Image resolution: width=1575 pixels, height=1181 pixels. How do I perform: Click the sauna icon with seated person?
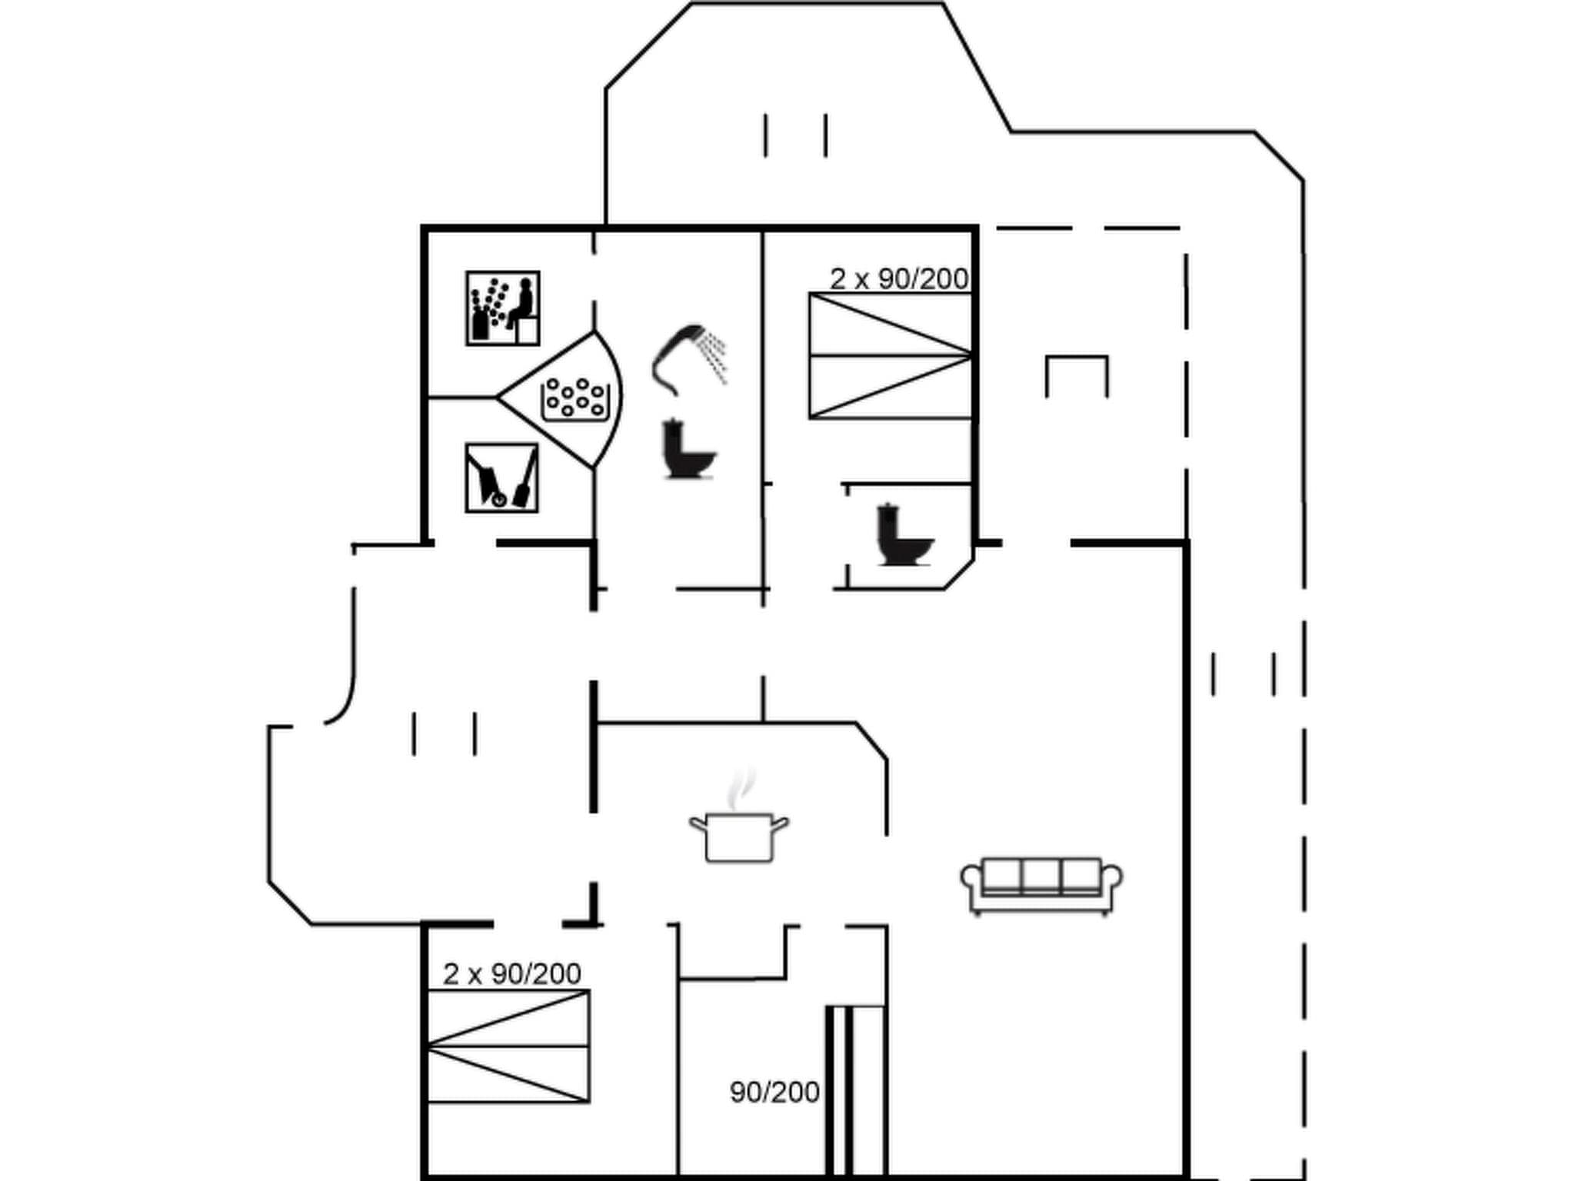(502, 308)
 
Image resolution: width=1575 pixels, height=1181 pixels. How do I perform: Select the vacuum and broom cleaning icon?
(501, 477)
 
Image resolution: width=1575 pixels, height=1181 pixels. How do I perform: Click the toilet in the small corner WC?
(903, 535)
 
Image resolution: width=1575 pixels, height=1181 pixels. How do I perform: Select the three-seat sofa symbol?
(1041, 884)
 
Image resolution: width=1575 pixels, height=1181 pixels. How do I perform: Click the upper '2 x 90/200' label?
(898, 279)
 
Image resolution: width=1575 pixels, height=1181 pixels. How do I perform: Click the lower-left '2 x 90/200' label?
(511, 974)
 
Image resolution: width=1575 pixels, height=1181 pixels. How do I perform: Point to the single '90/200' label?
(774, 1092)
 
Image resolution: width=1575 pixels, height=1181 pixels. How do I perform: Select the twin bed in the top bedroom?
(890, 356)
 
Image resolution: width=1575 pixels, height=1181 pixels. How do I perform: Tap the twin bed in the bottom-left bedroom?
(508, 1046)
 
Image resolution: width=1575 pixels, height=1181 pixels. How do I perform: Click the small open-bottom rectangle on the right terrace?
(1077, 375)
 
